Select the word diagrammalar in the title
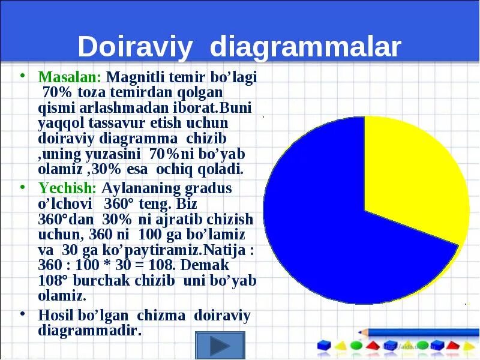click(x=305, y=47)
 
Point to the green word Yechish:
click(x=67, y=188)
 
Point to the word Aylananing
click(x=142, y=188)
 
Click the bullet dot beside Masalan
click(x=22, y=76)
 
